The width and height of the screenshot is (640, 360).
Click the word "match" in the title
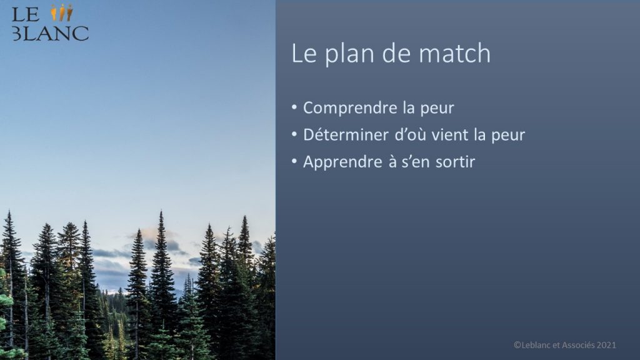pyautogui.click(x=454, y=53)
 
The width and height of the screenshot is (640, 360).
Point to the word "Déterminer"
pyautogui.click(x=346, y=135)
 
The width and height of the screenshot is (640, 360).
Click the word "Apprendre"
pyautogui.click(x=342, y=162)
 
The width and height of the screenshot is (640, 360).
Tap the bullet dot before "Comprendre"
pyautogui.click(x=294, y=107)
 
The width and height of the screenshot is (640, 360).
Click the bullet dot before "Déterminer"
pyautogui.click(x=294, y=134)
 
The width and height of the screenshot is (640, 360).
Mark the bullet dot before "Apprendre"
pyautogui.click(x=294, y=161)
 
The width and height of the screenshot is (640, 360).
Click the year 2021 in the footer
pyautogui.click(x=606, y=345)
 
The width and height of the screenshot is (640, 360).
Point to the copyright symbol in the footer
pyautogui.click(x=517, y=345)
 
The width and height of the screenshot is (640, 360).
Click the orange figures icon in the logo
pyautogui.click(x=62, y=12)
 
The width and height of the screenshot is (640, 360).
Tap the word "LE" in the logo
pyautogui.click(x=25, y=15)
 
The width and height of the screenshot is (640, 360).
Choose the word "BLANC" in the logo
pyautogui.click(x=50, y=34)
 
